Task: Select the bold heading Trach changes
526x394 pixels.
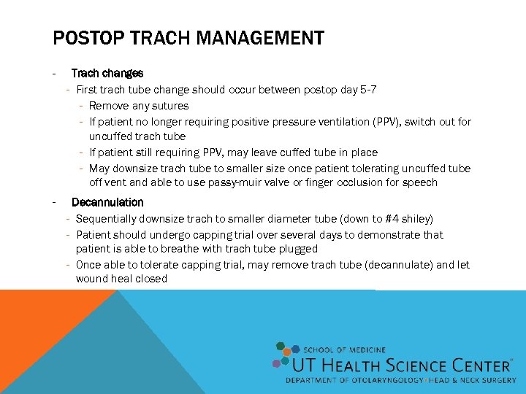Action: coord(107,73)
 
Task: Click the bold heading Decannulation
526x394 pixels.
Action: coord(107,202)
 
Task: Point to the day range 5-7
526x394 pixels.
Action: coord(369,90)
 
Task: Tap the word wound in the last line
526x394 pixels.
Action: coord(91,279)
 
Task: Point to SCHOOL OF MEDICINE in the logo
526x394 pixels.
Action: coord(344,350)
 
